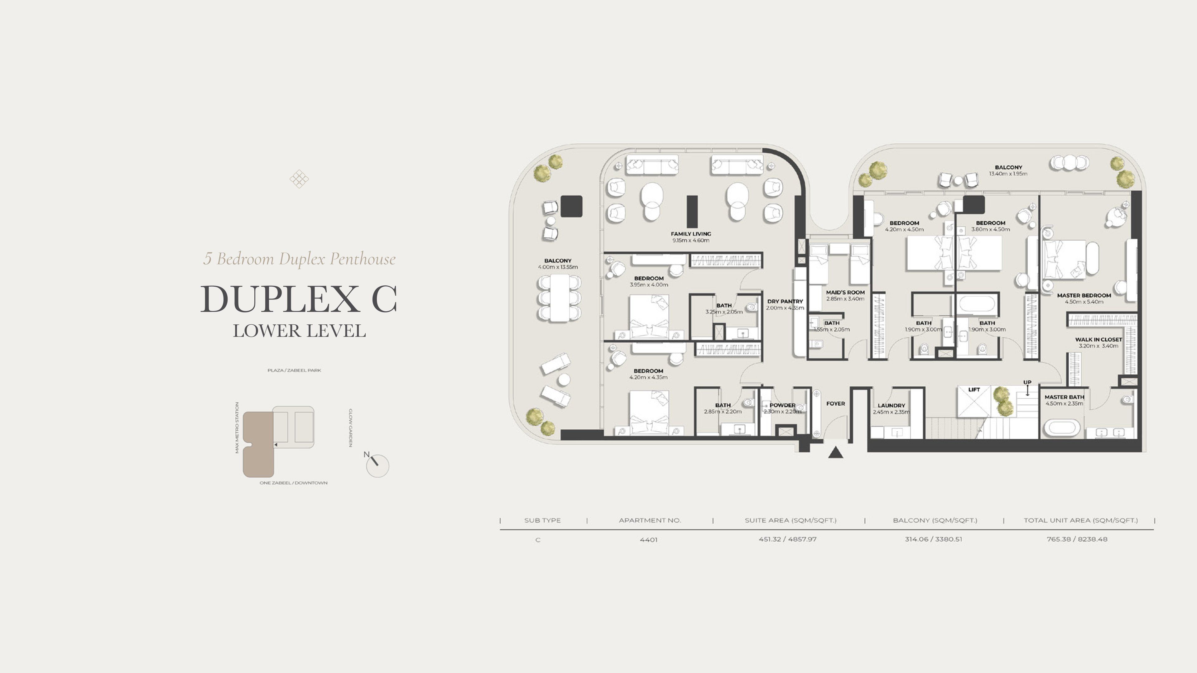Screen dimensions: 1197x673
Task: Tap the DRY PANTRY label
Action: pos(785,301)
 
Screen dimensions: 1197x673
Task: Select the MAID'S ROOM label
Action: pos(845,293)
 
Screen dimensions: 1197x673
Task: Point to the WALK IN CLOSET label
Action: pos(1098,340)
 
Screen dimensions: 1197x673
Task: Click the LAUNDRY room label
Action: pos(891,405)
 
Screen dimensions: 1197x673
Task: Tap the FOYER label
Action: pos(835,403)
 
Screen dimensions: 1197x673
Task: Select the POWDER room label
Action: pos(782,405)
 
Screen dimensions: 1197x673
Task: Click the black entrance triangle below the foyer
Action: pos(835,452)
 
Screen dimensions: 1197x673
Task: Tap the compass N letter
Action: pos(366,454)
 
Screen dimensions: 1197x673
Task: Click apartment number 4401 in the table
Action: pos(649,540)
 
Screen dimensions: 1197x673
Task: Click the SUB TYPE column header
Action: pos(542,520)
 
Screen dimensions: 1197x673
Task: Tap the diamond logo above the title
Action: pos(299,179)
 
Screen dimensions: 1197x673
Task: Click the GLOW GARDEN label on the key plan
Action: pos(351,428)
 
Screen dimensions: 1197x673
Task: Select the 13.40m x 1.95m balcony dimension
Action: pos(1008,174)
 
